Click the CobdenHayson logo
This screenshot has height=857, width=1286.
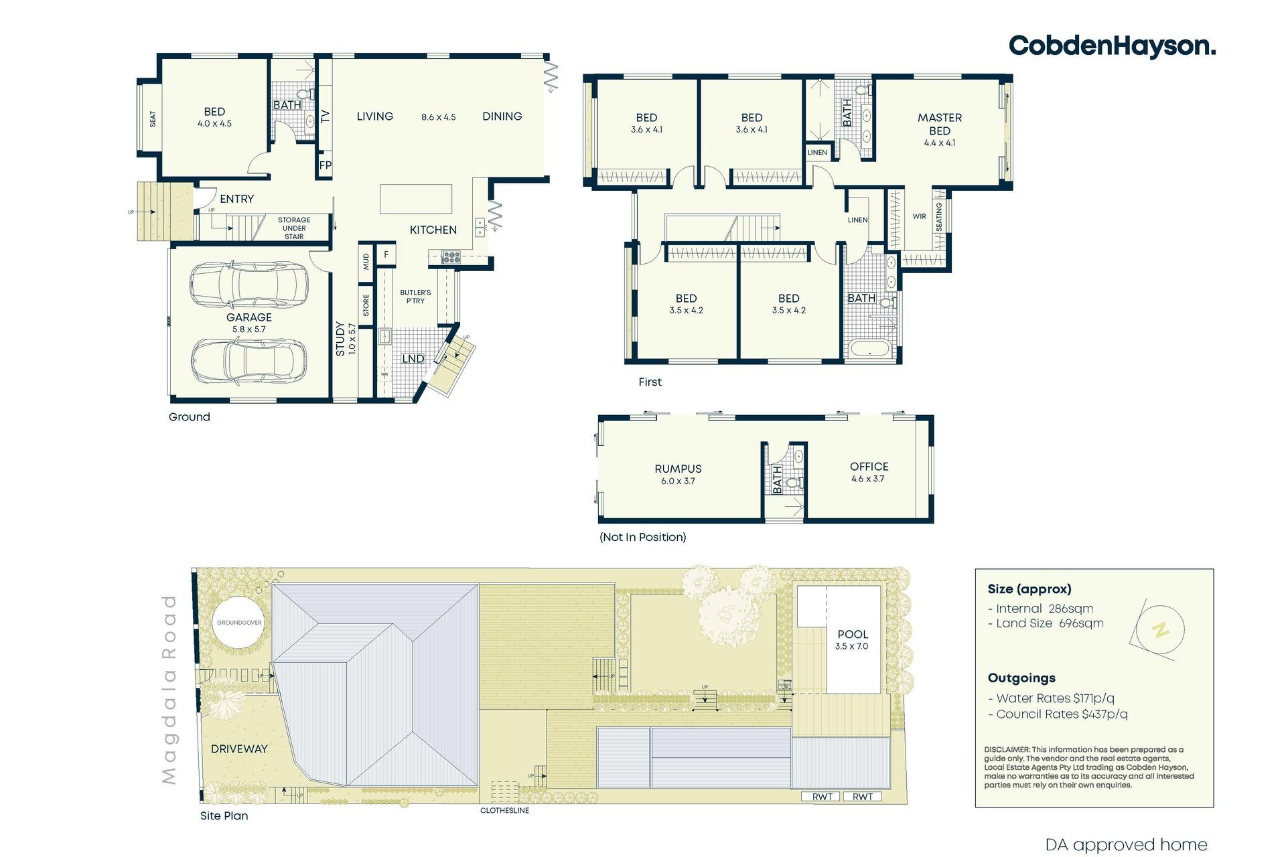click(1112, 46)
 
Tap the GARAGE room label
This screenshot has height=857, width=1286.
click(249, 317)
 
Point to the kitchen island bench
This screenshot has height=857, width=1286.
click(416, 199)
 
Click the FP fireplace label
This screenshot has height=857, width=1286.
click(326, 165)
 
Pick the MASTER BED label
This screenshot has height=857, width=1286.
click(940, 124)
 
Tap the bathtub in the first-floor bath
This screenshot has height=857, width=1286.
click(869, 350)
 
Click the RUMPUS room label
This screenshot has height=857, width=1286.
click(678, 469)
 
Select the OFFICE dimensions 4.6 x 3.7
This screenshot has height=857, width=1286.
click(868, 479)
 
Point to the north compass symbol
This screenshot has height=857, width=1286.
click(1159, 630)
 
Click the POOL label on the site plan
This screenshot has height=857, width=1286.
click(853, 634)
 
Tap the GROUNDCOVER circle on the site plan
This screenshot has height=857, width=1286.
click(239, 623)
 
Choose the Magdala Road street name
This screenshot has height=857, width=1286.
click(169, 690)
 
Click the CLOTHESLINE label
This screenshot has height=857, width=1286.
click(504, 810)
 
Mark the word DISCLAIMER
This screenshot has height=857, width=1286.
click(1007, 750)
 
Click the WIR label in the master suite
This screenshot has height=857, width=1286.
click(919, 216)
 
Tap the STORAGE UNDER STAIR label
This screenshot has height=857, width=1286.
click(294, 228)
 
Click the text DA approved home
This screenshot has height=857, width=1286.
click(1126, 845)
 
